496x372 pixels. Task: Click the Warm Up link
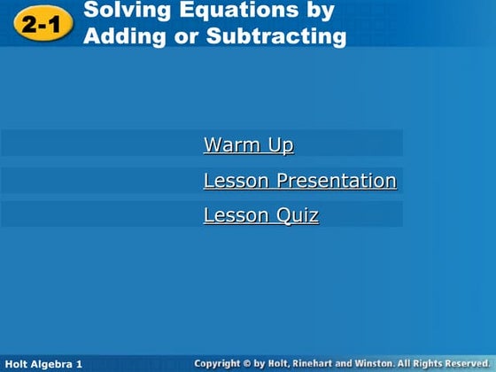click(x=248, y=144)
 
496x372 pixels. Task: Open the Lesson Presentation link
click(x=299, y=181)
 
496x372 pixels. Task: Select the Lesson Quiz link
click(x=260, y=215)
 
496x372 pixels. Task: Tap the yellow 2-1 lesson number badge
click(x=42, y=25)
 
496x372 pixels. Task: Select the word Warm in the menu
click(x=229, y=144)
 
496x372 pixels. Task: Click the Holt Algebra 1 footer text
click(x=43, y=364)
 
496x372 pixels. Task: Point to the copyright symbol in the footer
click(x=253, y=364)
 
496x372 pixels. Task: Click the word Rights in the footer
click(x=430, y=364)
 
